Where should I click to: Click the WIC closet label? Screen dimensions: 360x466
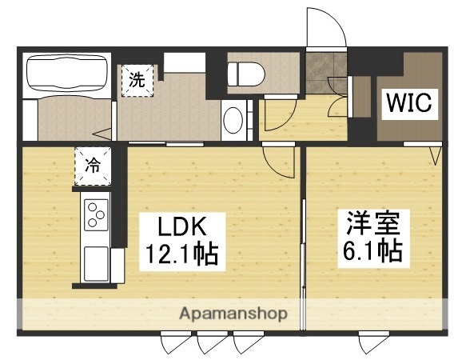[409, 102]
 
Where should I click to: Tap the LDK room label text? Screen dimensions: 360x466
[171, 227]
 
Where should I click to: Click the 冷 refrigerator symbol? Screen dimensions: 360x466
[93, 166]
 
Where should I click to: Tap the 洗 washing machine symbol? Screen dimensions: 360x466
[137, 80]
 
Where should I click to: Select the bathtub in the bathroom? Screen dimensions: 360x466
[67, 73]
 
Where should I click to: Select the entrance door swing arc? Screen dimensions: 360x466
[326, 29]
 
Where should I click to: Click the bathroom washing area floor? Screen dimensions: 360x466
[67, 118]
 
